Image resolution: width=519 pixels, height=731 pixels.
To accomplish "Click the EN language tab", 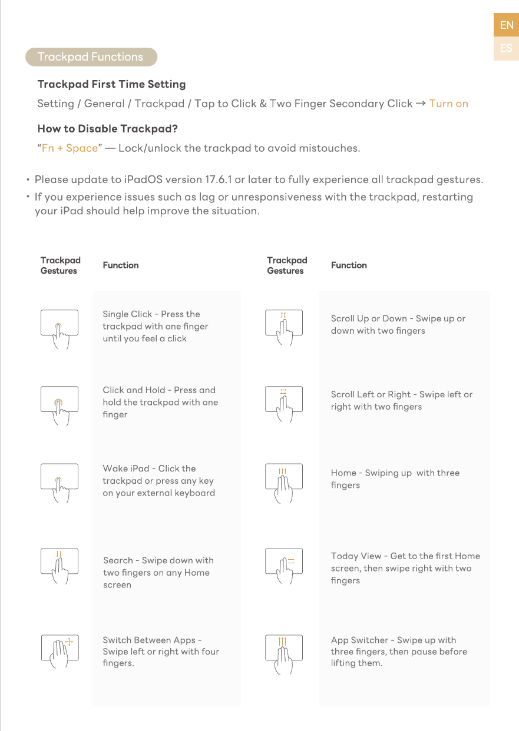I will (506, 25).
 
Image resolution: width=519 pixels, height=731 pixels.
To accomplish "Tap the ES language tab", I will (506, 48).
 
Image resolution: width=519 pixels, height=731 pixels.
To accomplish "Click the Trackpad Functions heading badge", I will (91, 57).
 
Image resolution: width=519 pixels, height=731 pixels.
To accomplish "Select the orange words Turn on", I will (448, 104).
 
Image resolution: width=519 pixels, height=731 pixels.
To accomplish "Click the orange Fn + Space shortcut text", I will (70, 148).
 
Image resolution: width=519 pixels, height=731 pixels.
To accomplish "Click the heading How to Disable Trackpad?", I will (108, 128).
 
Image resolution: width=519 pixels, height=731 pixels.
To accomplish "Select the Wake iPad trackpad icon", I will (59, 480).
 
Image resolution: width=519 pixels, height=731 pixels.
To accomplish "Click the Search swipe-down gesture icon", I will (59, 564).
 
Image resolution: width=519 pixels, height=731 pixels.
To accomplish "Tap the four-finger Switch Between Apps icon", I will (59, 650).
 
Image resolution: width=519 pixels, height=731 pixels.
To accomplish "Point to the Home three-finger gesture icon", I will (285, 480).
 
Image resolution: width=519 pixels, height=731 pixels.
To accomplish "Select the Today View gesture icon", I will (285, 565).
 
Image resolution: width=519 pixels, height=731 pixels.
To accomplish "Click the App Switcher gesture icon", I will (285, 650).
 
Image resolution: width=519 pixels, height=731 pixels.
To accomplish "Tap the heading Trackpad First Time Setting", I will (111, 84).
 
